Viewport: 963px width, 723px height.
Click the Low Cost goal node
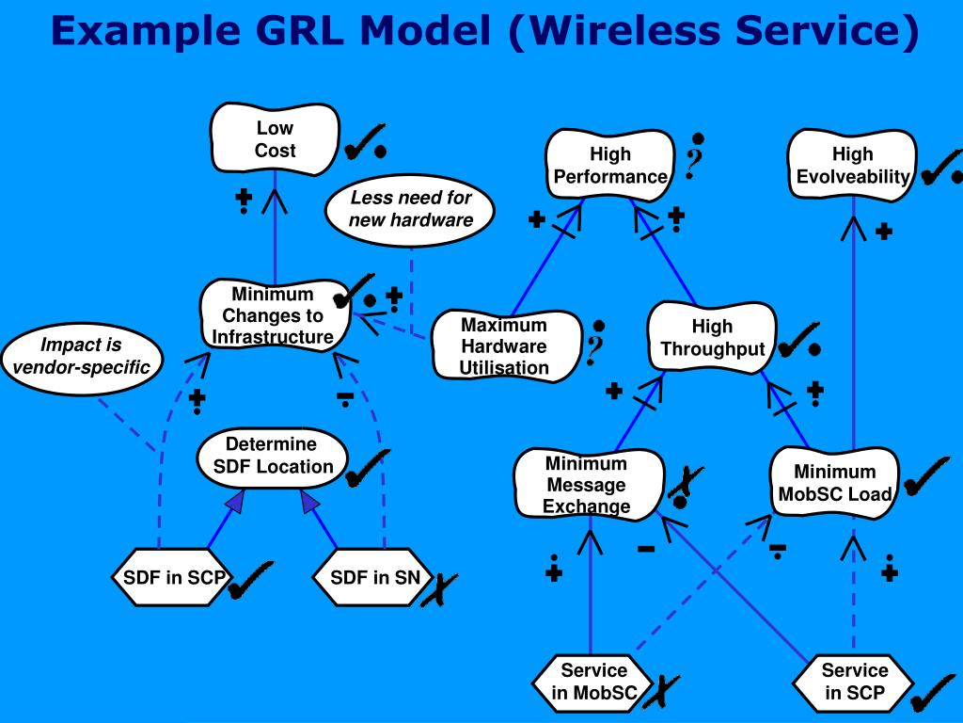click(275, 139)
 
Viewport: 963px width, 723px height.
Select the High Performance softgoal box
click(609, 165)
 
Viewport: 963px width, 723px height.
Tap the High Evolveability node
click(852, 165)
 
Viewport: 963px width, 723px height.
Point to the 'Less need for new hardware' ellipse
click(410, 209)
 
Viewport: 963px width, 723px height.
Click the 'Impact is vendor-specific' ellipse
click(82, 357)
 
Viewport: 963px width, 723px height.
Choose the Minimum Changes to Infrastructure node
click(275, 314)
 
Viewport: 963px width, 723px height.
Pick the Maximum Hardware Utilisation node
click(505, 345)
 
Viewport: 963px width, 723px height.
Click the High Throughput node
click(713, 338)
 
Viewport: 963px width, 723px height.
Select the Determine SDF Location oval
click(273, 457)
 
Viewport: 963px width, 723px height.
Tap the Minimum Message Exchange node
click(588, 485)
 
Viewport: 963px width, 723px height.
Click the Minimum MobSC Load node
click(835, 483)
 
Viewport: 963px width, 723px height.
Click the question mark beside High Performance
click(694, 157)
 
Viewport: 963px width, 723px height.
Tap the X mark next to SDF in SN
click(438, 590)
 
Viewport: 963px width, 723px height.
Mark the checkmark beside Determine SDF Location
click(368, 469)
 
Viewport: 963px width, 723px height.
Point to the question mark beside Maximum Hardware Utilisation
click(595, 344)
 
